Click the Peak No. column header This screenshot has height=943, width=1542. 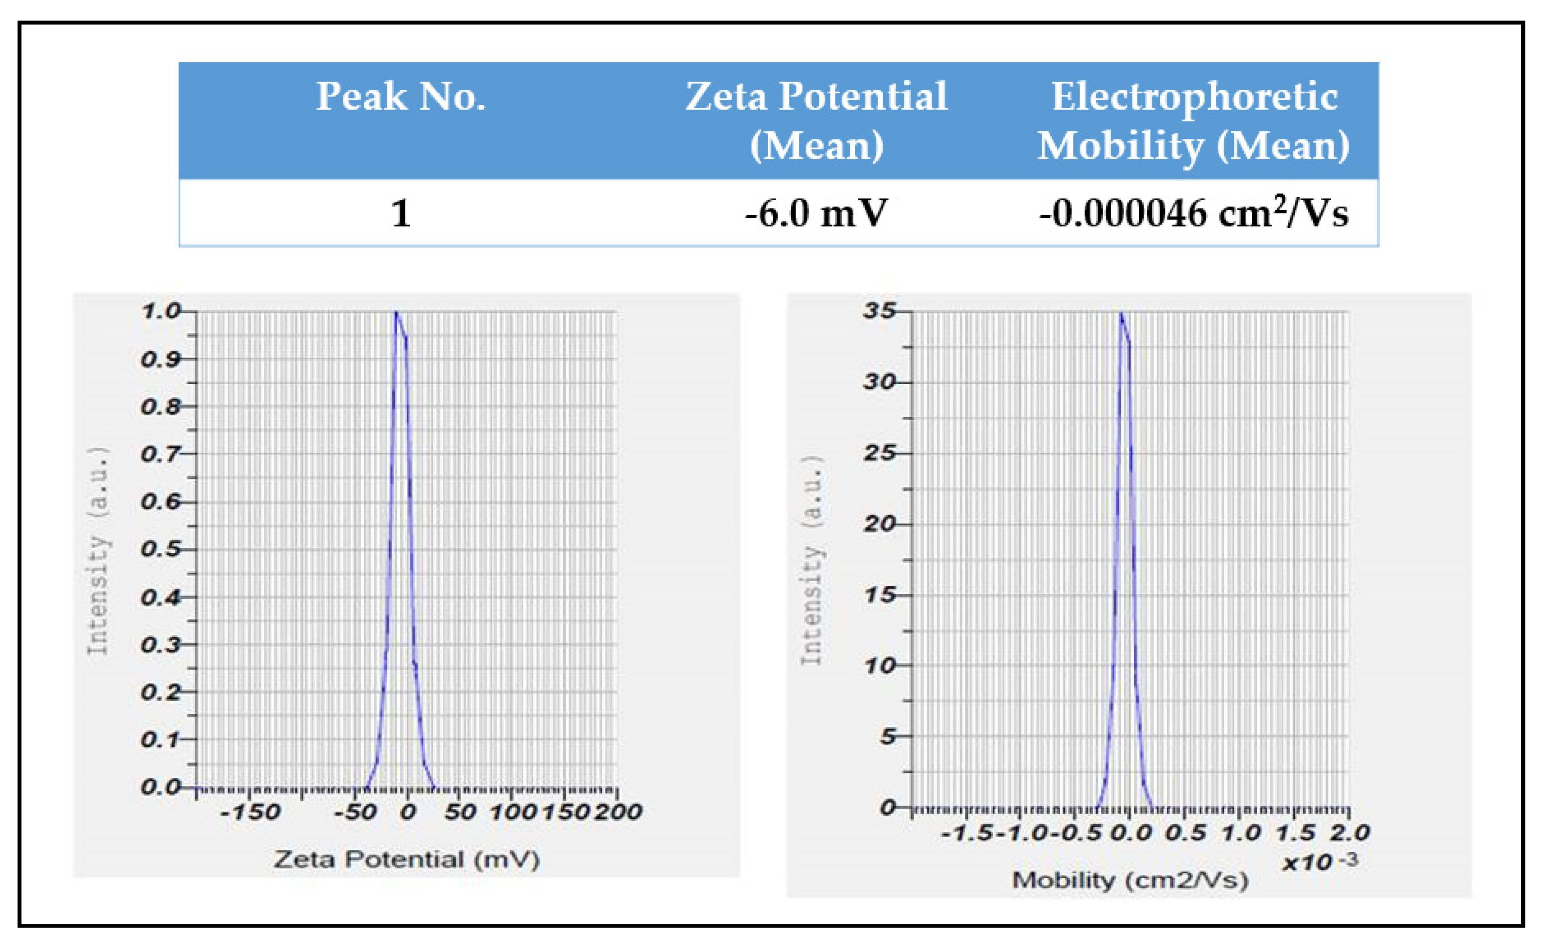pos(401,97)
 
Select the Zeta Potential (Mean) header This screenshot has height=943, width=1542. pos(816,121)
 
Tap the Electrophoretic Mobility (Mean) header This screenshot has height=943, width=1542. pos(1194,121)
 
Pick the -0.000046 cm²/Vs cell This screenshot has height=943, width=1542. pos(1194,213)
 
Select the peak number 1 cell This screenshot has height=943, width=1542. pos(401,213)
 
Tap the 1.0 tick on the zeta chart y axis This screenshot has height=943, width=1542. pos(161,311)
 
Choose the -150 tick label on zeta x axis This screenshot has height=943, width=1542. pos(250,812)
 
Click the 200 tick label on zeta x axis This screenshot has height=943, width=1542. pos(618,812)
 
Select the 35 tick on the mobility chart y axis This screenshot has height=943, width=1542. pos(879,311)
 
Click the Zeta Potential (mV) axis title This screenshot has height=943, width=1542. pos(407,859)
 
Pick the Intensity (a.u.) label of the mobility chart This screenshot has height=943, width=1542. pos(812,560)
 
